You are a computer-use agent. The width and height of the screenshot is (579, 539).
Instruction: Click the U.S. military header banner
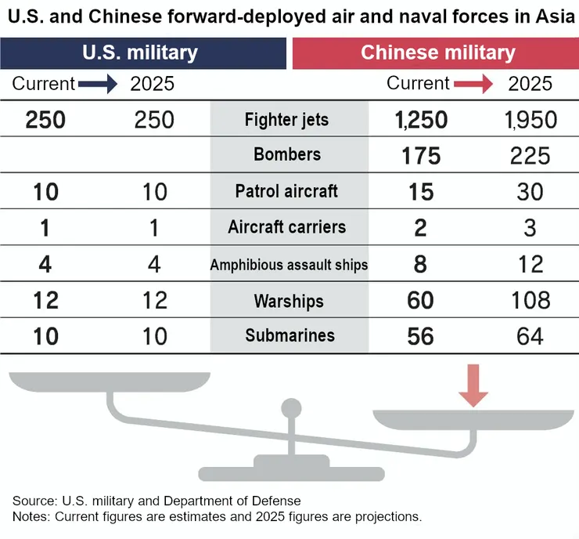[x=142, y=53]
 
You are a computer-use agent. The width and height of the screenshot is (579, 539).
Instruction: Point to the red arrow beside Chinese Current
[x=474, y=85]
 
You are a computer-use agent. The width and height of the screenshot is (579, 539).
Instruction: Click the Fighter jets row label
[x=286, y=121]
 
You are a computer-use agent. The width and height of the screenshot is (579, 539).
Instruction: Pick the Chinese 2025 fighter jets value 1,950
[x=530, y=120]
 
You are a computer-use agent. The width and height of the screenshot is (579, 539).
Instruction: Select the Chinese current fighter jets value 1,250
[x=421, y=120]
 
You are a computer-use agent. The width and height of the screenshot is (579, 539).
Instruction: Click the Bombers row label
[x=287, y=154]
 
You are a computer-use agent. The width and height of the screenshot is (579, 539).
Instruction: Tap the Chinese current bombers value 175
[x=421, y=155]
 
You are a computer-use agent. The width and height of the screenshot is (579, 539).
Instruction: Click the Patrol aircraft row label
[x=286, y=191]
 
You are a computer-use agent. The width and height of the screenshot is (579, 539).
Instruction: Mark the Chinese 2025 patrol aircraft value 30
[x=530, y=191]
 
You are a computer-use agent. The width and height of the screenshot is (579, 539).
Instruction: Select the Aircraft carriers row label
[x=286, y=227]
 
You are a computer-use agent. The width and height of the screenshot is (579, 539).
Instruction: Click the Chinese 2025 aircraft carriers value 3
[x=530, y=227]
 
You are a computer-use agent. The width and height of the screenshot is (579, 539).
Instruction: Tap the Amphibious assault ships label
[x=289, y=265]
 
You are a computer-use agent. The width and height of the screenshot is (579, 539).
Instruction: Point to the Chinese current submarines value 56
[x=421, y=336]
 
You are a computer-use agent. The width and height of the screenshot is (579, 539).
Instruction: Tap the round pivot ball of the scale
[x=291, y=408]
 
